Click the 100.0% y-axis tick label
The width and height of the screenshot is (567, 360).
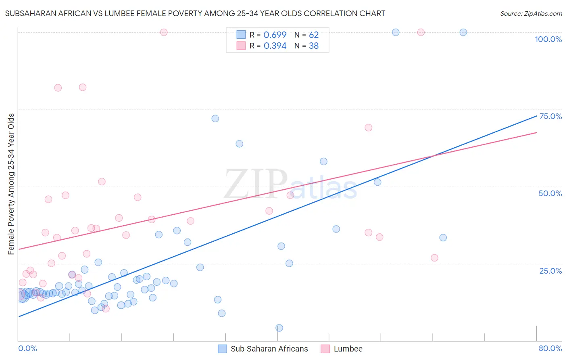548,39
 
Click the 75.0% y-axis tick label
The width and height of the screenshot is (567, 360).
550,116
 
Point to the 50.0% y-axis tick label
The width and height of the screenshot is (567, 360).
550,193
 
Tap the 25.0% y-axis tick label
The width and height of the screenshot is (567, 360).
550,270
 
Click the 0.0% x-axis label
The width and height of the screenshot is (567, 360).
27,348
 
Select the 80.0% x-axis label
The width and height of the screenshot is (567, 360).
550,348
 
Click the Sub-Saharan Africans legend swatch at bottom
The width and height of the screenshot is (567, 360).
222,349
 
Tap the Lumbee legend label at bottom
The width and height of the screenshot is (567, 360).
348,349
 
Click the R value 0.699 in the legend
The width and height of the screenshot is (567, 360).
275,35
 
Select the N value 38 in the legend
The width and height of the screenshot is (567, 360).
314,46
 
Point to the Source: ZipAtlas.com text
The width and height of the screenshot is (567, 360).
531,14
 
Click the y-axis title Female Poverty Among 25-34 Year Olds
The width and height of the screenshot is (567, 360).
11,184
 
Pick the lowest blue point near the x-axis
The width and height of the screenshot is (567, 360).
279,328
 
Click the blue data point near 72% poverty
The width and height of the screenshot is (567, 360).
215,119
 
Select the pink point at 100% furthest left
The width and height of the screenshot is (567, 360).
164,32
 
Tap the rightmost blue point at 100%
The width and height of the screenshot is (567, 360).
463,32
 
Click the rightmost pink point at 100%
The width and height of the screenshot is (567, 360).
421,32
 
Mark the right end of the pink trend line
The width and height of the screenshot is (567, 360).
536,132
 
